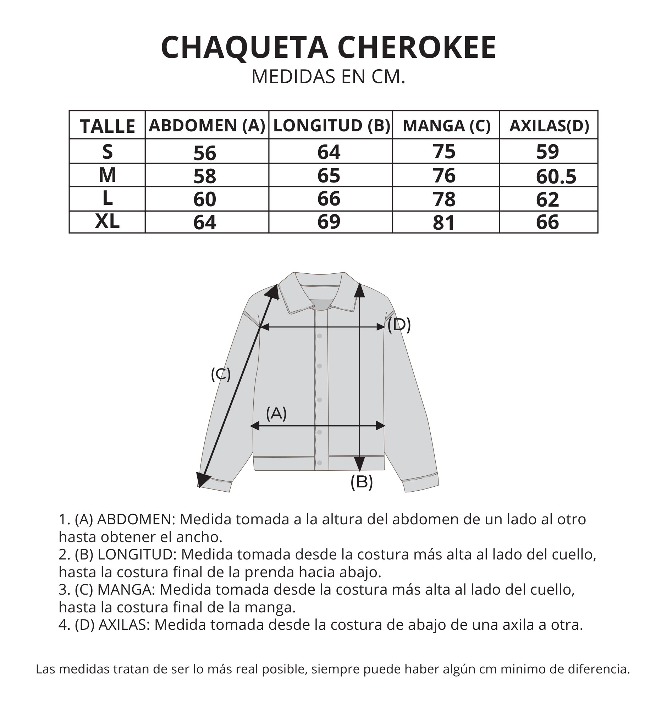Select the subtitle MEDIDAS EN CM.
[328, 77]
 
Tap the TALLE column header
[108, 126]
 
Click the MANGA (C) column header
[446, 126]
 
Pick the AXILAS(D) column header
[549, 126]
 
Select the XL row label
[107, 222]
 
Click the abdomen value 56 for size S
[205, 153]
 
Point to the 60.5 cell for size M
[556, 177]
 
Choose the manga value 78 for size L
[444, 199]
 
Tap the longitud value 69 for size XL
[329, 222]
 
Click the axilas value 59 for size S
[547, 152]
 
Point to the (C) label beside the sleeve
[221, 374]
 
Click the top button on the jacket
[319, 336]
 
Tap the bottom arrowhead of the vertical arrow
[360, 464]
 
